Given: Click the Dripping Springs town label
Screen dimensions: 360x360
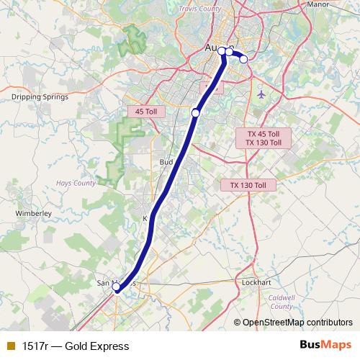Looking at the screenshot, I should click(40, 96).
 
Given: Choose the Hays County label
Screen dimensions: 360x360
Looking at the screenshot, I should click(76, 183).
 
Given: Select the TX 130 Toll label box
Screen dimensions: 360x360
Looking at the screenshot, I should click(248, 185).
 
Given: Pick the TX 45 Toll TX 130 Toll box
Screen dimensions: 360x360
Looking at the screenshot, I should click(264, 138).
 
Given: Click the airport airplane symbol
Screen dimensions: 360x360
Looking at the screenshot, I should click(261, 94).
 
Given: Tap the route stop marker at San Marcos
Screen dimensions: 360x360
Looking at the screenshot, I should click(116, 288).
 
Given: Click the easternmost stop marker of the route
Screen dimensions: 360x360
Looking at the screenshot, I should click(243, 59).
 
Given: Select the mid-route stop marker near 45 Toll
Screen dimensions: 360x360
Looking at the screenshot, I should click(195, 112).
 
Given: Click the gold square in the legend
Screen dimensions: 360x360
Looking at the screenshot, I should click(10, 346).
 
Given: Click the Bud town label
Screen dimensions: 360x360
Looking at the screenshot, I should click(166, 162).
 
